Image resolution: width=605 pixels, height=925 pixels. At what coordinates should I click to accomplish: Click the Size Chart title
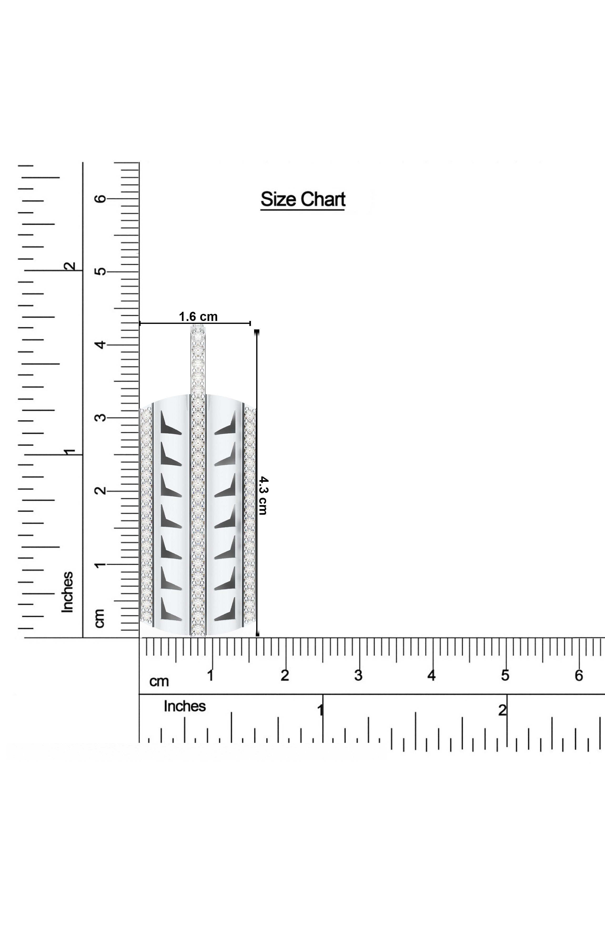click(303, 199)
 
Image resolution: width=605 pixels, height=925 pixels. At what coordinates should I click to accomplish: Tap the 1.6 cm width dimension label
click(198, 317)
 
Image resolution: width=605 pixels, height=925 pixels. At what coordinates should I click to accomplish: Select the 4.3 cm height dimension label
click(263, 496)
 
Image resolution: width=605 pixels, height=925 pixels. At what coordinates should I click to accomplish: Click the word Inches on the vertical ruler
click(68, 592)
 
